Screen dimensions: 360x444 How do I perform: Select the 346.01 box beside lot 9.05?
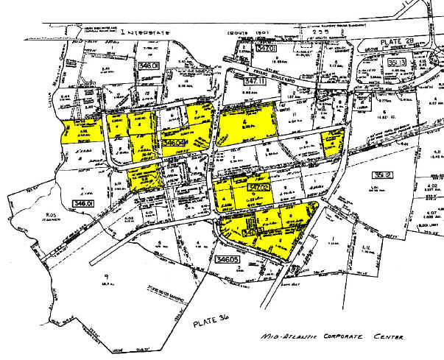83,202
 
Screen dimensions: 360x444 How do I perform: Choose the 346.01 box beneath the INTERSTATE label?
147,66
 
